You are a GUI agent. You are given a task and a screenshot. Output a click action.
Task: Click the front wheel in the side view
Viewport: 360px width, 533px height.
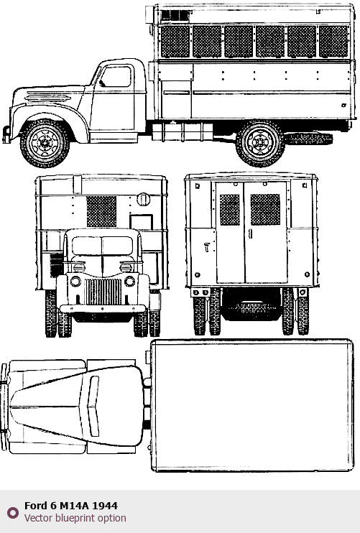click(x=45, y=143)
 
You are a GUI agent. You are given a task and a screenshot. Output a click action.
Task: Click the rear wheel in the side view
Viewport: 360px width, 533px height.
click(x=260, y=143)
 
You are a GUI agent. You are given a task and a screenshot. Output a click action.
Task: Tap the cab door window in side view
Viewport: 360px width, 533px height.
click(x=116, y=76)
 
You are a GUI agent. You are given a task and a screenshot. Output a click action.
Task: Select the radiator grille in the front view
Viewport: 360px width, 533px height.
click(x=103, y=292)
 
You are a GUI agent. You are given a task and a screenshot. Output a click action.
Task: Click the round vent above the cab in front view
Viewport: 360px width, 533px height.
click(x=143, y=199)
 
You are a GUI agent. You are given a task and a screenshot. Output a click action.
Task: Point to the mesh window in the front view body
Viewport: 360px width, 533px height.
click(x=101, y=211)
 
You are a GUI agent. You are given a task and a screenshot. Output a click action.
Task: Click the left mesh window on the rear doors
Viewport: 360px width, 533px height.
click(x=229, y=210)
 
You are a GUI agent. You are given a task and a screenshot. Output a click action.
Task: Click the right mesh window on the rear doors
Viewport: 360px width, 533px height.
click(x=265, y=210)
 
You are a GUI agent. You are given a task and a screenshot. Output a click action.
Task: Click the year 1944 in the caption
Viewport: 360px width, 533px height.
click(x=105, y=506)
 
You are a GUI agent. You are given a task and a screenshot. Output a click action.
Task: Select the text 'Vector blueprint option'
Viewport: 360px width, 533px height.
click(x=75, y=518)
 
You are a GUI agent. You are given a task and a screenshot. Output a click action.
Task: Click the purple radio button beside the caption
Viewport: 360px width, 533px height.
click(x=13, y=513)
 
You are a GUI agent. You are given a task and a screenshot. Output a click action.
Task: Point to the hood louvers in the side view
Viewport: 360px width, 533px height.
click(x=48, y=97)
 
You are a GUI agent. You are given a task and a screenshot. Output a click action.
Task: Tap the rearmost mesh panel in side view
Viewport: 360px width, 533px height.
click(x=333, y=42)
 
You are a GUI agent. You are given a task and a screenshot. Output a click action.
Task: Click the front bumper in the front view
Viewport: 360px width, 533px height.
click(x=103, y=309)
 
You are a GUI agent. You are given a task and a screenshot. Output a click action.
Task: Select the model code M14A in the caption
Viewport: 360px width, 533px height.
click(x=75, y=506)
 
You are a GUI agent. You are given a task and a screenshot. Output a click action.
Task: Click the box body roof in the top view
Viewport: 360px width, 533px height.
click(x=252, y=405)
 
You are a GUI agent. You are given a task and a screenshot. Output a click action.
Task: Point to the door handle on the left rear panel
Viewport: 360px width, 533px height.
click(x=207, y=247)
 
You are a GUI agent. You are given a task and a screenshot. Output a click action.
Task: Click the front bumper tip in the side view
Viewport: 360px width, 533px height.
click(x=6, y=134)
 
